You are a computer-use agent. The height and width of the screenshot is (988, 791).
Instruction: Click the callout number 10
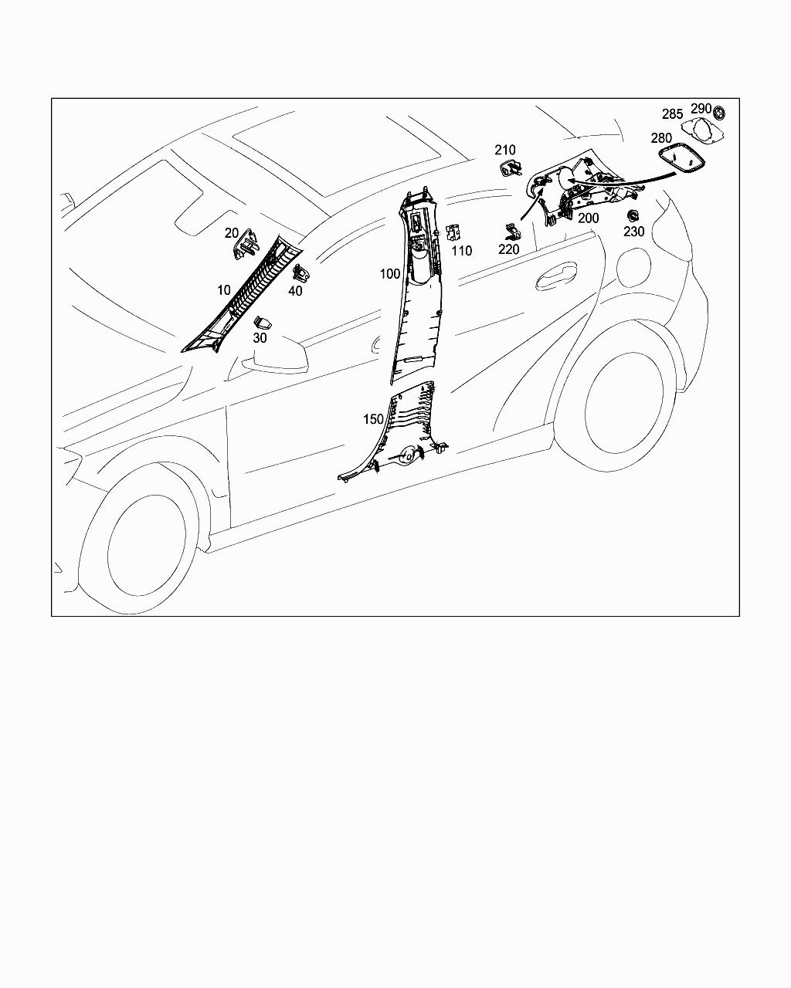pyautogui.click(x=224, y=290)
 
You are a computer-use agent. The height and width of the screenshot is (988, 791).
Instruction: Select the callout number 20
pyautogui.click(x=232, y=233)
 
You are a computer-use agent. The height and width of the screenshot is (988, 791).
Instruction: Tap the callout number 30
pyautogui.click(x=260, y=338)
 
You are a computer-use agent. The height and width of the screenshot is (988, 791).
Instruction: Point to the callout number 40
pyautogui.click(x=295, y=291)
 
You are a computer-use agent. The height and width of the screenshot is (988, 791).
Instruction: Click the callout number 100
pyautogui.click(x=390, y=273)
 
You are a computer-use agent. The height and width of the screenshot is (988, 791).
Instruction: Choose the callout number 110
pyautogui.click(x=461, y=251)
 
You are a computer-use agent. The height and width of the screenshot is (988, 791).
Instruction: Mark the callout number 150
pyautogui.click(x=373, y=419)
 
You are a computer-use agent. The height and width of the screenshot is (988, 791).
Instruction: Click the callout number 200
pyautogui.click(x=589, y=218)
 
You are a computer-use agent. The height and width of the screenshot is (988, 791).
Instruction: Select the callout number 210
pyautogui.click(x=505, y=150)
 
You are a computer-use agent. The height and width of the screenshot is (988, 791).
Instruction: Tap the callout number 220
pyautogui.click(x=509, y=249)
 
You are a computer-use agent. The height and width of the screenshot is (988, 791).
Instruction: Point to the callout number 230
pyautogui.click(x=634, y=232)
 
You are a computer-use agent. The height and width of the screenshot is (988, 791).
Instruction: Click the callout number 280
pyautogui.click(x=661, y=137)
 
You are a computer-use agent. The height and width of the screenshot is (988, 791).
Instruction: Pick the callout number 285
pyautogui.click(x=672, y=114)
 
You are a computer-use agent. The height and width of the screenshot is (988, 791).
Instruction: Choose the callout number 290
pyautogui.click(x=701, y=109)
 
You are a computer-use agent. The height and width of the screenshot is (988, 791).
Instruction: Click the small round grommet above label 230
pyautogui.click(x=633, y=215)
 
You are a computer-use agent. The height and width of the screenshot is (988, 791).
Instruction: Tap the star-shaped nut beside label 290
pyautogui.click(x=719, y=112)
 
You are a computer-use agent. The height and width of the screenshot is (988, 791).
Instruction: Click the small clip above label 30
pyautogui.click(x=263, y=323)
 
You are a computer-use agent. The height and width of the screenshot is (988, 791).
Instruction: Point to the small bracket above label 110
pyautogui.click(x=454, y=233)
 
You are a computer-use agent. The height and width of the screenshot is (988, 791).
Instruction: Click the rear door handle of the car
pyautogui.click(x=557, y=276)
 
